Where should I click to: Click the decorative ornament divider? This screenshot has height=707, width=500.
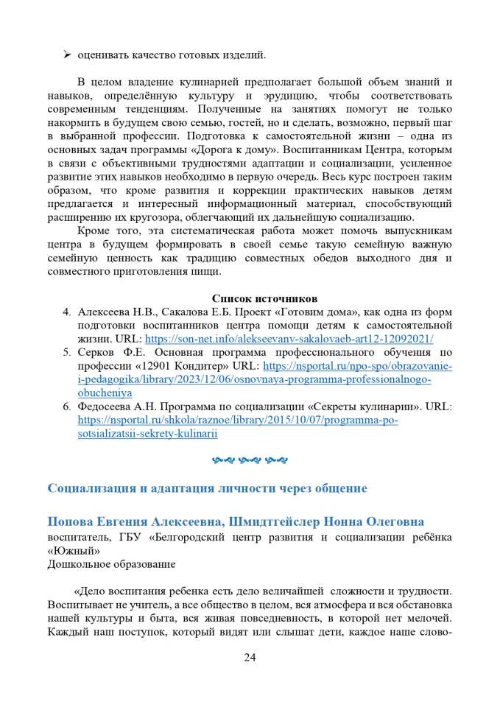(x=250, y=460)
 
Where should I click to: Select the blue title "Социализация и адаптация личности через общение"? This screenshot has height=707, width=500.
(x=207, y=488)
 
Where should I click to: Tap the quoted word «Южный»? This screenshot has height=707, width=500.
(x=72, y=551)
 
